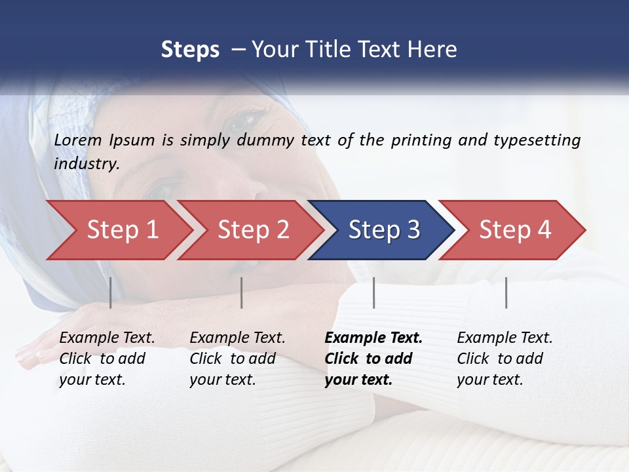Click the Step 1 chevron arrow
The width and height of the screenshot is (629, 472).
point(121,230)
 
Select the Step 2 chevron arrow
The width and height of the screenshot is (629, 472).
point(252,230)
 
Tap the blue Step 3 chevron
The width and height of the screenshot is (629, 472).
point(383,230)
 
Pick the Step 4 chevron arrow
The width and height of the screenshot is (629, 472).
point(514,230)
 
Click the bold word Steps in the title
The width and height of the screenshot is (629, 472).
point(190,50)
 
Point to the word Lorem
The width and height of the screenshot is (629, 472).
point(78,140)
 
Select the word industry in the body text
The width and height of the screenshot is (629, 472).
point(86,164)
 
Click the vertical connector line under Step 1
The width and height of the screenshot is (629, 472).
point(110,292)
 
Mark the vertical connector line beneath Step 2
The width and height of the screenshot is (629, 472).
point(242,292)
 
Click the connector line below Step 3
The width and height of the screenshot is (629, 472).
point(373,292)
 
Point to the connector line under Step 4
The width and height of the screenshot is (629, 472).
point(506,292)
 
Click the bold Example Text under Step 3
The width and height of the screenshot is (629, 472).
point(373,359)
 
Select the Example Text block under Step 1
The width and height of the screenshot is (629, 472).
point(107,359)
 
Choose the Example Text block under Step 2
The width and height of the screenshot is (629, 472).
point(237,359)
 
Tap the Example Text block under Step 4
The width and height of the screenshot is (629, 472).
point(505,359)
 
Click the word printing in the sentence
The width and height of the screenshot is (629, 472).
point(421,140)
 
